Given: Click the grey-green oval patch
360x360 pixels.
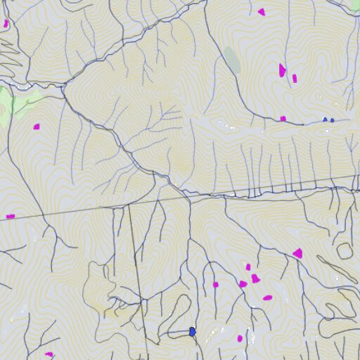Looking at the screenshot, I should click(232, 60).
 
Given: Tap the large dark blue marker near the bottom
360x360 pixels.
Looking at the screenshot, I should click(192, 331).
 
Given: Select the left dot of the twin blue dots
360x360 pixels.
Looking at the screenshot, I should click(326, 120).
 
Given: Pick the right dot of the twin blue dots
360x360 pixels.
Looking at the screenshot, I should click(332, 120).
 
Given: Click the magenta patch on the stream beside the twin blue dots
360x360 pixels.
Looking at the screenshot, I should click(283, 119).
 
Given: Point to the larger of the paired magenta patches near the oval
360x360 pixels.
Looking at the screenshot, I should click(282, 70).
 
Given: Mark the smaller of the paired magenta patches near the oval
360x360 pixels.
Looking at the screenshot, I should click(295, 78).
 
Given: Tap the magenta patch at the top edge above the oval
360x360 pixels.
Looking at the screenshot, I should click(262, 12).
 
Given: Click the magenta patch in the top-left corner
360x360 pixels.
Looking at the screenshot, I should click(6, 23).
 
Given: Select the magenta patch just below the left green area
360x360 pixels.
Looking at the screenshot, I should click(37, 127).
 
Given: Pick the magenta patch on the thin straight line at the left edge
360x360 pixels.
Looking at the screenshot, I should click(11, 216).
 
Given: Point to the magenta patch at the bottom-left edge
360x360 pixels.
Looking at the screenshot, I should click(49, 354).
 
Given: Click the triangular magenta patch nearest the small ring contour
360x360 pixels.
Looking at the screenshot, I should click(298, 253).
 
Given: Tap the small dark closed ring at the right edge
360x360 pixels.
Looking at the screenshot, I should click(345, 250).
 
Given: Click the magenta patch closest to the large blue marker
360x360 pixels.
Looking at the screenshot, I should click(240, 338).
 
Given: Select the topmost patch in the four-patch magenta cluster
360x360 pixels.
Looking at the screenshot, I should click(248, 267).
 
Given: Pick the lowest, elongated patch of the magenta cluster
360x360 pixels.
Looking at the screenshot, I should click(267, 297).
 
